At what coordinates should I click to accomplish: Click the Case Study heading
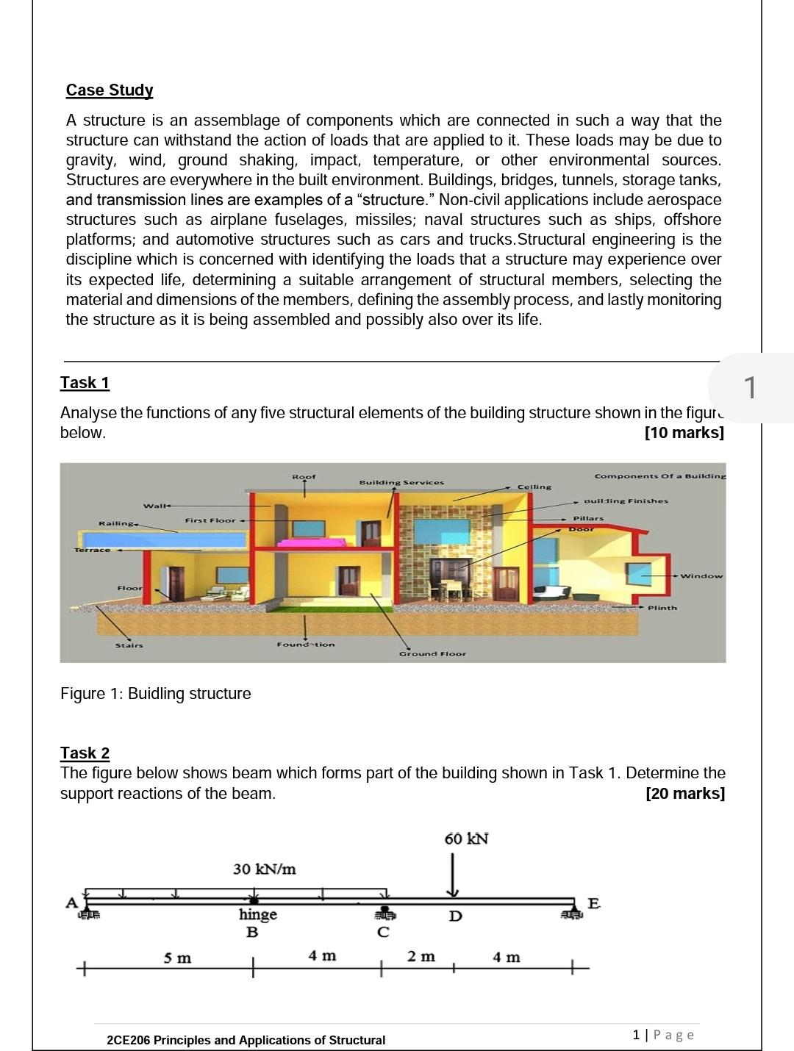pos(110,90)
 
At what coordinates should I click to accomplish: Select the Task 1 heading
pos(85,383)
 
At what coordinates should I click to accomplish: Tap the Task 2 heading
pos(85,753)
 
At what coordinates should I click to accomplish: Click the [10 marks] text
pos(684,433)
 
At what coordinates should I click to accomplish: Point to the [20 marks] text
pos(684,794)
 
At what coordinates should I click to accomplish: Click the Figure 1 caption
pos(155,694)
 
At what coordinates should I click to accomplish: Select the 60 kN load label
pos(466,839)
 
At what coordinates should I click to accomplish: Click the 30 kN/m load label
pos(264,869)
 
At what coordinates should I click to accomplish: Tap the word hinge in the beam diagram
pos(257,914)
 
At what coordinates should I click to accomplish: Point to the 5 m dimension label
pos(177,958)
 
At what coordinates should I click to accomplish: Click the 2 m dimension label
pos(421,957)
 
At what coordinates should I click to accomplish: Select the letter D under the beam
pos(455,917)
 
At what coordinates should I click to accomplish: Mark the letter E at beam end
pos(593,903)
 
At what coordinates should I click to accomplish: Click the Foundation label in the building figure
pos(305,645)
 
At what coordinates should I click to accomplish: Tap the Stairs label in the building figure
pos(129,645)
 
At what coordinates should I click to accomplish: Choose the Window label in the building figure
pos(701,576)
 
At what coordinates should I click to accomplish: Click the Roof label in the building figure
pos(304,477)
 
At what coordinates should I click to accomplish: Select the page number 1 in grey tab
pos(749,387)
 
